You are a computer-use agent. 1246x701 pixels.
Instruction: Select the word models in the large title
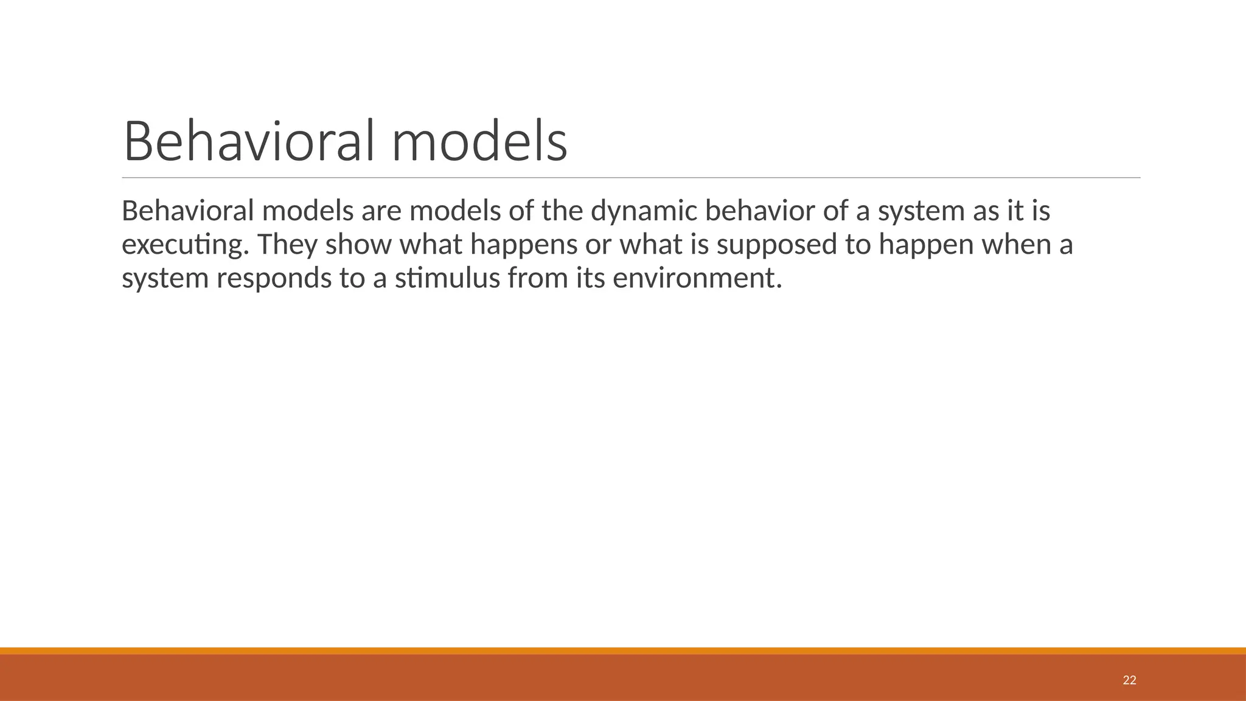coord(479,141)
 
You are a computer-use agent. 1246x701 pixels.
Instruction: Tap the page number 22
coord(1129,680)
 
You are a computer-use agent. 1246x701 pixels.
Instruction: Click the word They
coord(287,245)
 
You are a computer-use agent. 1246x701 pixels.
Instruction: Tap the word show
coord(358,245)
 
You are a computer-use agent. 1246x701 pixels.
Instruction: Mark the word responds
coord(274,278)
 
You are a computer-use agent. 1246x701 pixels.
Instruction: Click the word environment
coord(697,278)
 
